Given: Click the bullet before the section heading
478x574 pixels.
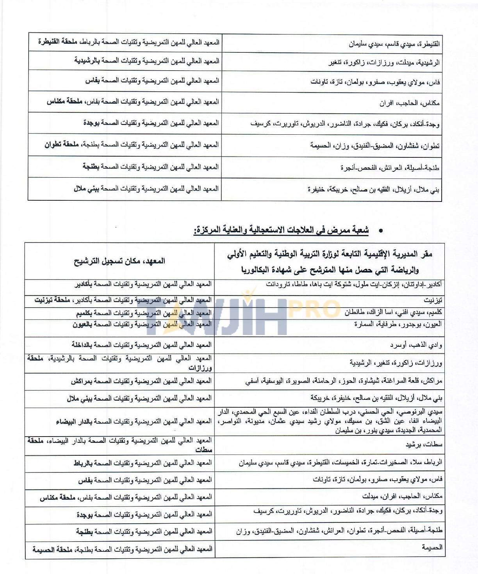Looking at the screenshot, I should (x=380, y=231).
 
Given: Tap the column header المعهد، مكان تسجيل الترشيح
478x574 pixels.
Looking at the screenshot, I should (x=119, y=261).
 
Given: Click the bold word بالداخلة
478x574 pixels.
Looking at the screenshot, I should (x=84, y=345).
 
